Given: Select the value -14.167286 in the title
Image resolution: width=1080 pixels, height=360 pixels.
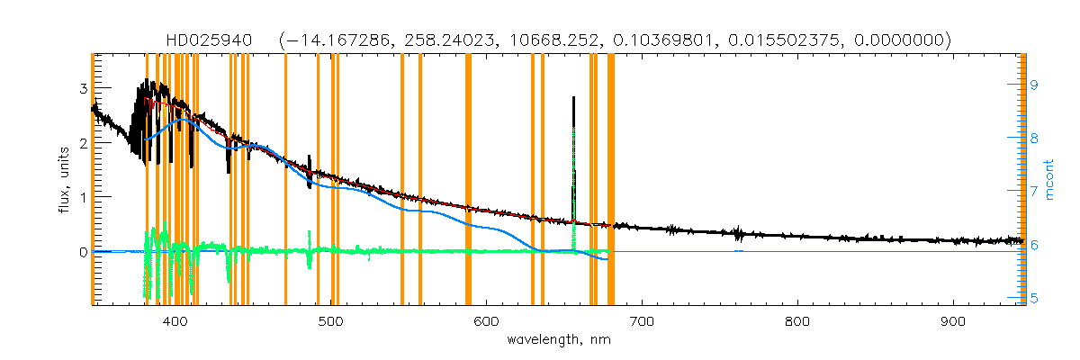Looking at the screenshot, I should click(x=331, y=40).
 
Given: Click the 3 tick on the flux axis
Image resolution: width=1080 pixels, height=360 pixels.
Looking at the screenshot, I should click(x=83, y=88).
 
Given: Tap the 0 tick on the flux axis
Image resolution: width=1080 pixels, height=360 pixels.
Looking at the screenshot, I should click(x=83, y=252).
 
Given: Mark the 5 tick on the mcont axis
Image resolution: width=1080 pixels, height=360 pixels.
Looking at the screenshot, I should click(x=1034, y=298).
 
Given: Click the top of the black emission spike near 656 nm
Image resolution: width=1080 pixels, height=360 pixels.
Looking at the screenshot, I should click(x=573, y=97).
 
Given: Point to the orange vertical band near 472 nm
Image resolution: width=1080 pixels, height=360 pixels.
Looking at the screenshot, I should click(x=285, y=180).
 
